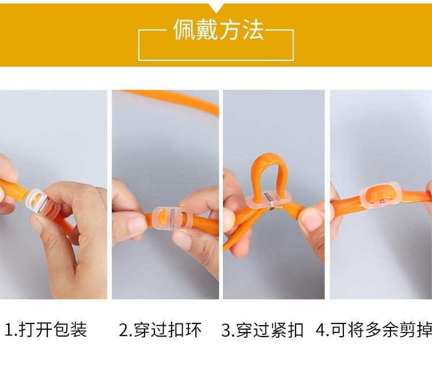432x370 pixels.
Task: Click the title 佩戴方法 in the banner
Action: click(x=218, y=30)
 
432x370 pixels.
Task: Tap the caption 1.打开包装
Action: click(x=46, y=330)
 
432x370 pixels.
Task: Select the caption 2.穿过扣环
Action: click(x=160, y=330)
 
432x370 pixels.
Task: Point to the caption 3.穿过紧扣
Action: click(x=263, y=330)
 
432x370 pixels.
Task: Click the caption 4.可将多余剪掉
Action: click(x=374, y=330)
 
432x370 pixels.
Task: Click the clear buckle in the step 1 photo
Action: click(x=42, y=204)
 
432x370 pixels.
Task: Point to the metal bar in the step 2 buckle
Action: click(x=172, y=219)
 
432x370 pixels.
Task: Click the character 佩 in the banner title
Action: click(x=184, y=30)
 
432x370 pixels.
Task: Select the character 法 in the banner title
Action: click(x=253, y=30)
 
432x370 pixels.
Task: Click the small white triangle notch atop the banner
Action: click(x=216, y=7)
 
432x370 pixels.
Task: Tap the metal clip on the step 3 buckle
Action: click(x=269, y=201)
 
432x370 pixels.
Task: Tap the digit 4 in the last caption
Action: click(x=320, y=330)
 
